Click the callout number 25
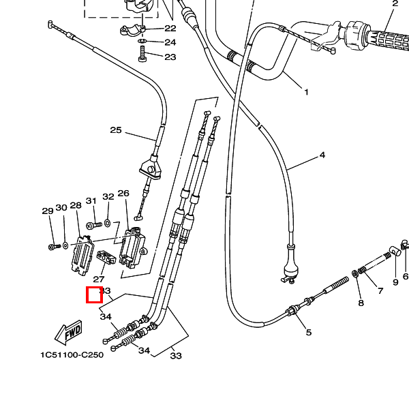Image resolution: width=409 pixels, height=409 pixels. tap(115, 130)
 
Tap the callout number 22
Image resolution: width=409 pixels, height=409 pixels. tap(170, 29)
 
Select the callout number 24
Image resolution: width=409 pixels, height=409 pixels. tap(170, 42)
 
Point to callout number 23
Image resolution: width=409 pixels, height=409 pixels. tap(170, 57)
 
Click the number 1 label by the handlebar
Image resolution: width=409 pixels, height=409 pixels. tap(306, 92)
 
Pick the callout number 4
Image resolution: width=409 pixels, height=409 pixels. tap(322, 155)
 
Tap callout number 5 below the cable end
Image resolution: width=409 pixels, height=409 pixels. tap(308, 333)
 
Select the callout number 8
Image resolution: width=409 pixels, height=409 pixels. tap(361, 303)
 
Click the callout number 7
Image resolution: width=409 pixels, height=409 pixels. tap(380, 291)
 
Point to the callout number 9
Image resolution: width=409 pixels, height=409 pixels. tap(395, 282)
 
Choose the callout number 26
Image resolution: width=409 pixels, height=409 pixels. tap(123, 194)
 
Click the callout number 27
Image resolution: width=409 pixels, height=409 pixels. tap(99, 279)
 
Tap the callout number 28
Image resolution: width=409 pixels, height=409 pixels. tap(76, 205)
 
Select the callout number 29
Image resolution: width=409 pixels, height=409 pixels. tap(47, 211)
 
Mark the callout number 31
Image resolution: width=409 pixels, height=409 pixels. tap(91, 201)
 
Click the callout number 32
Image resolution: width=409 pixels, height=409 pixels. tap(108, 197)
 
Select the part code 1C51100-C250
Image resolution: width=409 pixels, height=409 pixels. tap(72, 355)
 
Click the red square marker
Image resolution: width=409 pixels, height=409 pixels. tap(94, 295)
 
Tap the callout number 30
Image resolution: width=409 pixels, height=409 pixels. tap(61, 208)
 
